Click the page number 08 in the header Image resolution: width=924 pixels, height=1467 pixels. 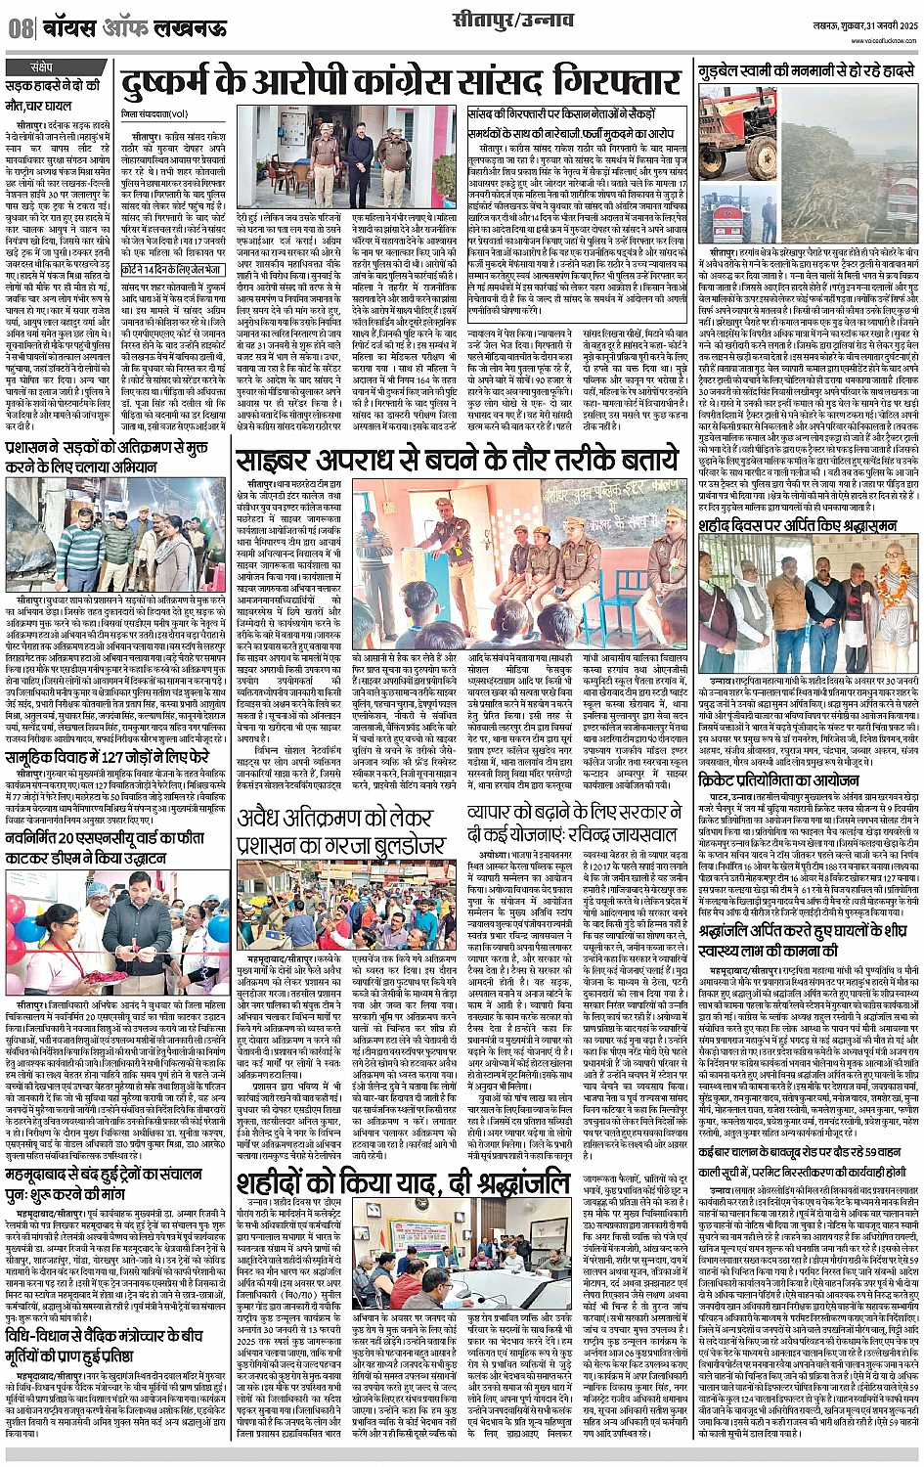tap(21, 28)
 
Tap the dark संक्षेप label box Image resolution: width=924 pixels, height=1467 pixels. tap(41, 67)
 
